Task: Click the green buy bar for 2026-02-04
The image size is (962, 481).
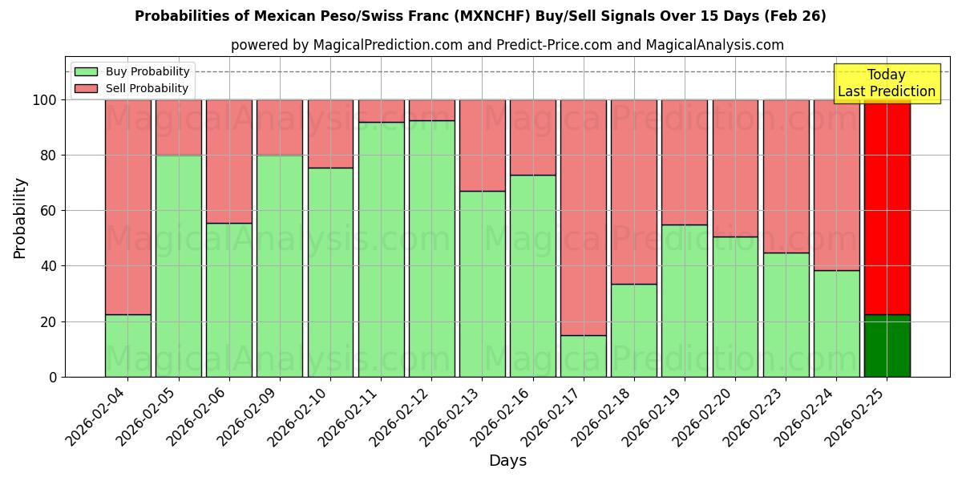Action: pyautogui.click(x=127, y=346)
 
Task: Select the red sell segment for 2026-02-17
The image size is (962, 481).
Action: pyautogui.click(x=584, y=217)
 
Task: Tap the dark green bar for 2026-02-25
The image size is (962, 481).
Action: pyautogui.click(x=887, y=346)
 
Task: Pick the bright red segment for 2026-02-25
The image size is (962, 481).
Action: pyautogui.click(x=887, y=207)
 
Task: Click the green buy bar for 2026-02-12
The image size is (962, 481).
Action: pyautogui.click(x=431, y=249)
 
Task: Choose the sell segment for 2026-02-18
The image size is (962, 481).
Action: pyautogui.click(x=634, y=192)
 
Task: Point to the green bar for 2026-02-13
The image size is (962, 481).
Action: pyautogui.click(x=483, y=284)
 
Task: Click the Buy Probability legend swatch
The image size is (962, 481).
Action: pyautogui.click(x=86, y=71)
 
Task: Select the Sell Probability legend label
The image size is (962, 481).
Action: pyautogui.click(x=147, y=88)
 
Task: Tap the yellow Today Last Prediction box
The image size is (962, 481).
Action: pyautogui.click(x=887, y=83)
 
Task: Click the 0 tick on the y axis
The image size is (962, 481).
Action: pyautogui.click(x=53, y=377)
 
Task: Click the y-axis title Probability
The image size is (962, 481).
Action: pyautogui.click(x=20, y=217)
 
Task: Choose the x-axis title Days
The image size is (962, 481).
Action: pyautogui.click(x=507, y=461)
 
